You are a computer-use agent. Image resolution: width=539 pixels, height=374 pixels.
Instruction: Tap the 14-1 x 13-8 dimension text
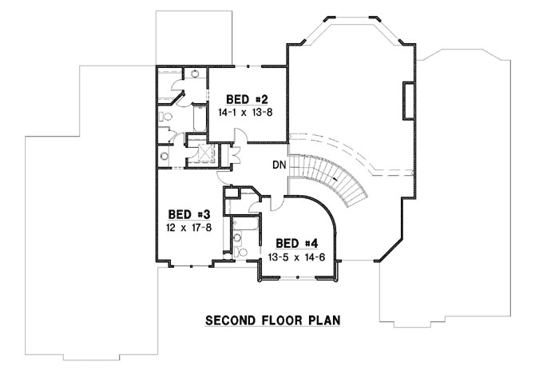pos(246,113)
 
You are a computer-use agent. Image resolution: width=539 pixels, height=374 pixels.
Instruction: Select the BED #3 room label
pos(188,215)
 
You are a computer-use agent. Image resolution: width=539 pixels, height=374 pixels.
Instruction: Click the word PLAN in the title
pos(323,320)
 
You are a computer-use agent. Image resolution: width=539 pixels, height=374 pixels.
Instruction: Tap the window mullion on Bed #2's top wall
pos(249,67)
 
